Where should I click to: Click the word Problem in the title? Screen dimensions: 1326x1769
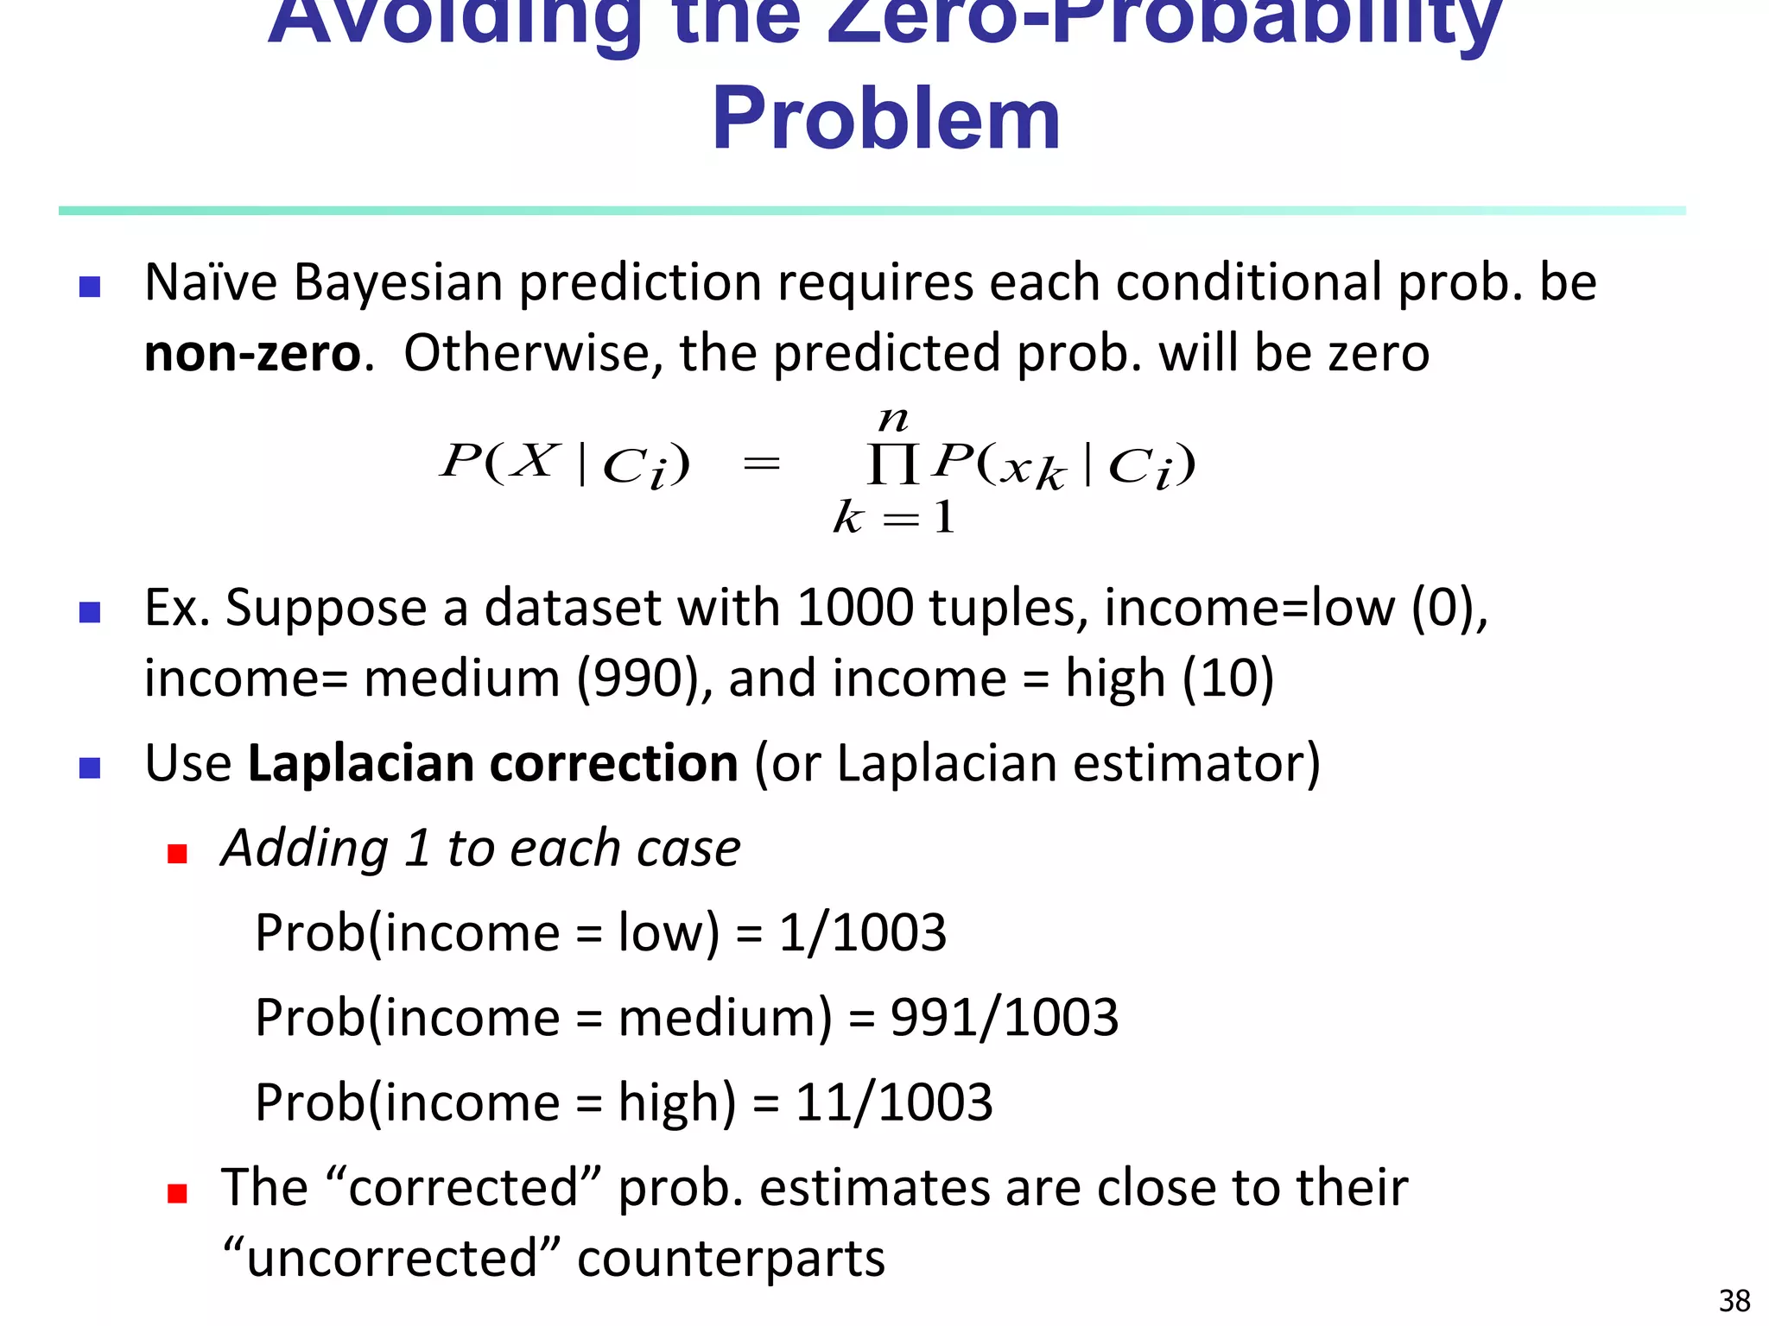point(885,118)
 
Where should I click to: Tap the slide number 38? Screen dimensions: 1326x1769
point(1734,1300)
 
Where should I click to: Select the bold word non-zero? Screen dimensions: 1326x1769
point(252,354)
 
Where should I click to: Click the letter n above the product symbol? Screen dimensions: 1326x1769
point(893,420)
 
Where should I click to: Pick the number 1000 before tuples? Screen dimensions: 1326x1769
point(854,607)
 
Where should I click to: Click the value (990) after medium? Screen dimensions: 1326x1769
point(638,678)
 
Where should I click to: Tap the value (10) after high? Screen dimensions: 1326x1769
point(1227,678)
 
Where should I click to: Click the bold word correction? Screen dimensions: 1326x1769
point(613,764)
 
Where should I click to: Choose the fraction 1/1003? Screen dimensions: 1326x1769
point(862,933)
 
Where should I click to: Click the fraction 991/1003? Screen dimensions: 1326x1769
point(1004,1018)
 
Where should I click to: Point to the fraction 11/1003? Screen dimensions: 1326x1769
point(893,1102)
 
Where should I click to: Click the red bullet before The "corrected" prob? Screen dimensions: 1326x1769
point(178,1194)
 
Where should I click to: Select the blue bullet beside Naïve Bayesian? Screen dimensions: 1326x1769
point(90,287)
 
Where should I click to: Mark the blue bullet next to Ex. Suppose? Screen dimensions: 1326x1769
point(90,612)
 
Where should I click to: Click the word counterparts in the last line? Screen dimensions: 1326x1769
point(731,1258)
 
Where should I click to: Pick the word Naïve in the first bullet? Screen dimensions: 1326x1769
point(211,283)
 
